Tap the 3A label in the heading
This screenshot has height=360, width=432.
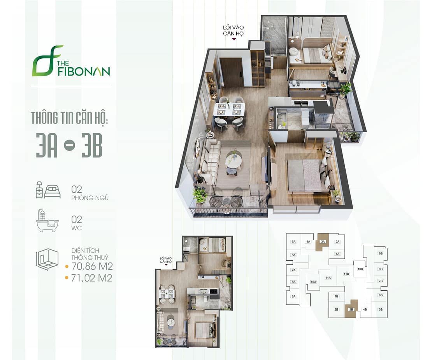point(47,146)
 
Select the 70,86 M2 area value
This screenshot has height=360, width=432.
point(92,266)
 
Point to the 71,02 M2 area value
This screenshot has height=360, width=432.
point(92,278)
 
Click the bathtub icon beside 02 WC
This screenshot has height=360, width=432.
point(47,220)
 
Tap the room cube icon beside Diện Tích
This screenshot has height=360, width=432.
point(47,259)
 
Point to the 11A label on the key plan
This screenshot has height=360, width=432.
point(328,278)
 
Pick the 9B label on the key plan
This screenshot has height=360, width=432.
point(381,253)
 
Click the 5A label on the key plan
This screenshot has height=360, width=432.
point(294,242)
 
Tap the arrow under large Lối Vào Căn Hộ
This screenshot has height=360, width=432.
point(234,39)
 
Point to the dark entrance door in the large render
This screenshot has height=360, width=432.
point(233,72)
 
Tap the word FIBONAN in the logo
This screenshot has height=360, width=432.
point(84,71)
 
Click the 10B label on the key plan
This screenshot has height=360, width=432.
point(360,269)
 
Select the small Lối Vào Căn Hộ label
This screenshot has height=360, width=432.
point(166,260)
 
